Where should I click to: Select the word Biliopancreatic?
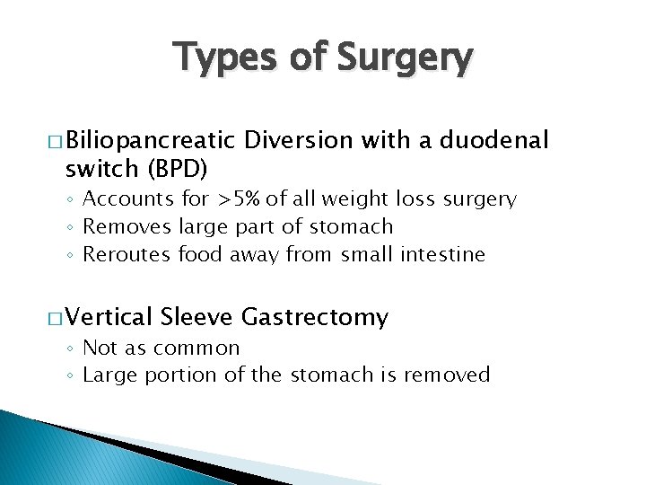point(150,140)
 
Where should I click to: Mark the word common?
point(197,348)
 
